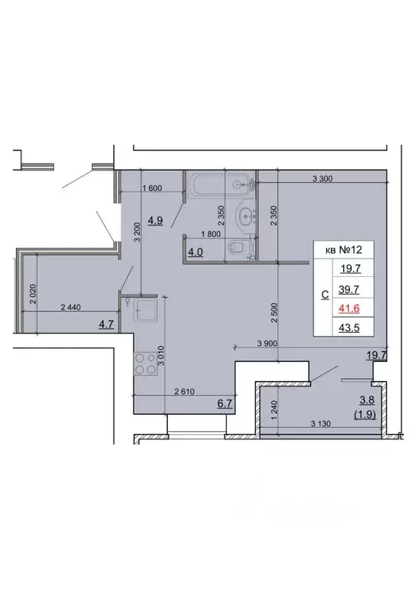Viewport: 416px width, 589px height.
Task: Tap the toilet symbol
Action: point(238,247)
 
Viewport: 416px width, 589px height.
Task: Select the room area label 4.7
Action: point(106,324)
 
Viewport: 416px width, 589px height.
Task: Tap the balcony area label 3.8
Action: point(367,400)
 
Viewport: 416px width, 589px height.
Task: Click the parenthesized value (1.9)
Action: point(363,415)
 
